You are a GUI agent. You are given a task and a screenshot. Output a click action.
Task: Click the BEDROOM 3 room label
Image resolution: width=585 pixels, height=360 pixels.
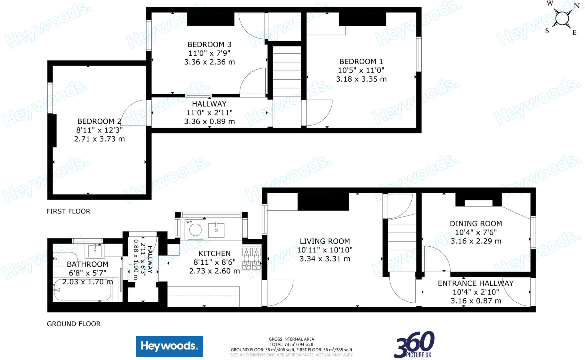pyautogui.click(x=209, y=45)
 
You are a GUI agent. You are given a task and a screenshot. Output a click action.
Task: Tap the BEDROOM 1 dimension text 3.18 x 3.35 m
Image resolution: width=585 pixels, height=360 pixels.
pyautogui.click(x=361, y=79)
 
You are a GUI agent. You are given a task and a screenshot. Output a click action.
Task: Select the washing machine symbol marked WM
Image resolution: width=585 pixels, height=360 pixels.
pyautogui.click(x=195, y=229)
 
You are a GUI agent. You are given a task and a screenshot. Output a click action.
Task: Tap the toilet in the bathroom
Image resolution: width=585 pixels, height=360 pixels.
pyautogui.click(x=64, y=259)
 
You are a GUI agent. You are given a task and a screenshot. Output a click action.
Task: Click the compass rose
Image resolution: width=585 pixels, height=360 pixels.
pyautogui.click(x=562, y=19)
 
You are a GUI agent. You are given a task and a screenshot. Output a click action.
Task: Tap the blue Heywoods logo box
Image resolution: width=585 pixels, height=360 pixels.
pyautogui.click(x=169, y=346)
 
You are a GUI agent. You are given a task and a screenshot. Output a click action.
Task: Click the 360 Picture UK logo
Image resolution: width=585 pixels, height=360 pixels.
pyautogui.click(x=414, y=345)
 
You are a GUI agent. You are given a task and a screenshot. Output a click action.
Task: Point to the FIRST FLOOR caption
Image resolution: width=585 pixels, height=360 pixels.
pyautogui.click(x=68, y=211)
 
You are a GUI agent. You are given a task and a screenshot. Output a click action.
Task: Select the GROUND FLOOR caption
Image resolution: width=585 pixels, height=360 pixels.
pyautogui.click(x=74, y=324)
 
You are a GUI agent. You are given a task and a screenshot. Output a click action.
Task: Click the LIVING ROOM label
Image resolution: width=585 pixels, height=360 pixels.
pyautogui.click(x=325, y=241)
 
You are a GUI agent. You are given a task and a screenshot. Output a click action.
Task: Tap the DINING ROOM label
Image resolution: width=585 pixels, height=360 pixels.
pyautogui.click(x=476, y=224)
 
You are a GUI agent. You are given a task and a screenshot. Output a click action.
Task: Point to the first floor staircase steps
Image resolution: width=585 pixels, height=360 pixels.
pyautogui.click(x=287, y=71)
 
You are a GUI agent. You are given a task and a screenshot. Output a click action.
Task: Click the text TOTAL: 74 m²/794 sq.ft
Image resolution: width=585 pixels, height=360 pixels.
pyautogui.click(x=291, y=344)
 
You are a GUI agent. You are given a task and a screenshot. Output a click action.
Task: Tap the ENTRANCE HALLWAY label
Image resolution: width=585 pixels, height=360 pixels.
pyautogui.click(x=476, y=283)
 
